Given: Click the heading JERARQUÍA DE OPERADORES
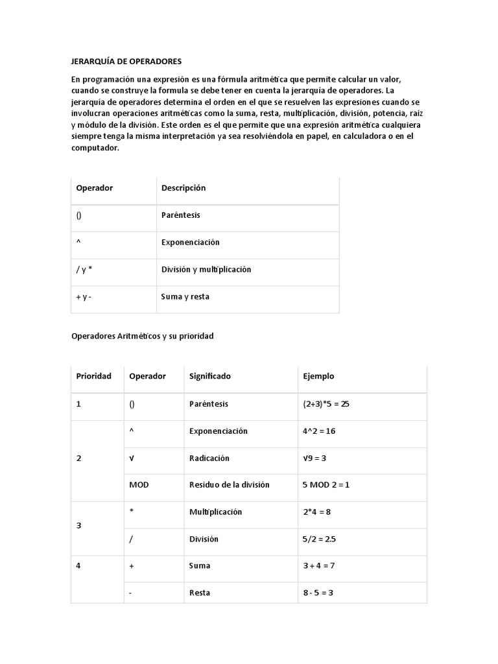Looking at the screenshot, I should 126,62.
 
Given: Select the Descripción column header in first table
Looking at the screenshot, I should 184,188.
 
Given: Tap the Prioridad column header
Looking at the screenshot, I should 93,376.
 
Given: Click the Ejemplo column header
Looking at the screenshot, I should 318,376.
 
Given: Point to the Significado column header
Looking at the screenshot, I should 209,376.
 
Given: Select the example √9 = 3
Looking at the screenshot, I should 314,458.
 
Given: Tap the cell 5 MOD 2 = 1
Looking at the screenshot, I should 326,485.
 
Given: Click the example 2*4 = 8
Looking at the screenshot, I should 316,512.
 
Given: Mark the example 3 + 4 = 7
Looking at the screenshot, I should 318,565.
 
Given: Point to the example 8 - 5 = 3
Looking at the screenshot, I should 318,593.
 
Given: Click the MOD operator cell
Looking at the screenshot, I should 139,485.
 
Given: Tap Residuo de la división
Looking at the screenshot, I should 229,485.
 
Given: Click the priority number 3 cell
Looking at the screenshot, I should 79,525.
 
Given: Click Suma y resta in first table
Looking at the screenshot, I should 185,297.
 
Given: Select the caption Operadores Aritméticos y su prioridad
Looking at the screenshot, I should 142,337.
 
